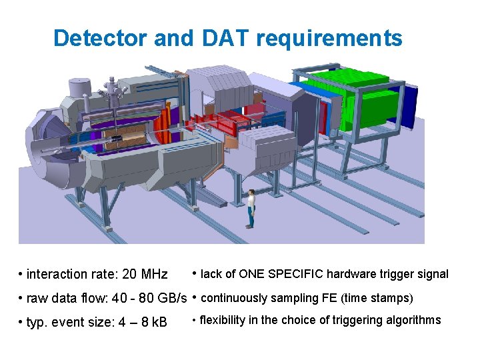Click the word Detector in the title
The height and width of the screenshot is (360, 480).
100,38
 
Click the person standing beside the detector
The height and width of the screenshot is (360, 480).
251,207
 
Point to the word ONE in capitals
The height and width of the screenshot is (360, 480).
251,273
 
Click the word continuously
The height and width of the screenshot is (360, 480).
233,297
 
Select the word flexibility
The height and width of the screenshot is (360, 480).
223,320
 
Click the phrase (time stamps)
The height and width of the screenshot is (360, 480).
375,297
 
